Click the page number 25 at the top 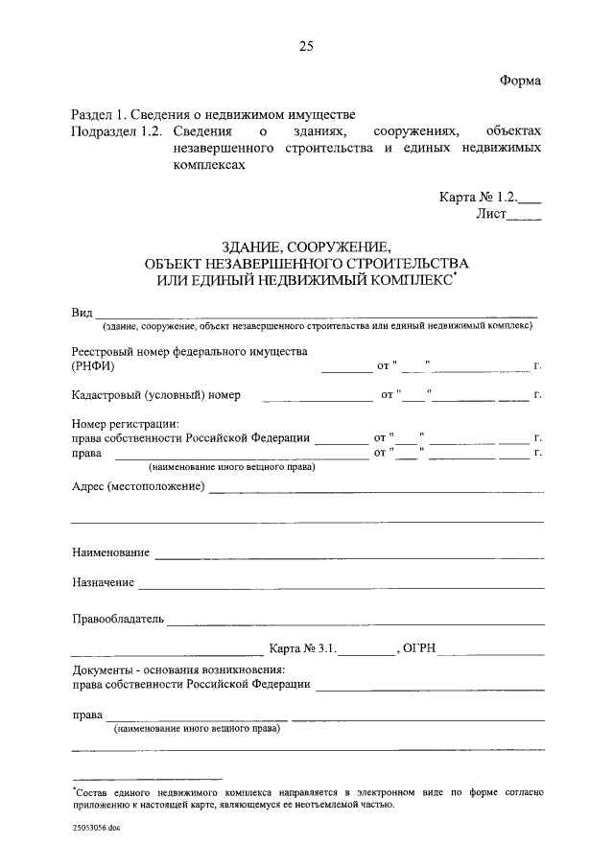point(306,46)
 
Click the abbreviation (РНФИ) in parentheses point(92,366)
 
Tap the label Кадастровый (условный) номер point(155,394)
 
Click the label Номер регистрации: point(125,423)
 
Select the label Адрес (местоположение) point(138,486)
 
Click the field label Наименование point(110,553)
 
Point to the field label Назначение point(103,582)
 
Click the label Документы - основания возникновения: point(177,669)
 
